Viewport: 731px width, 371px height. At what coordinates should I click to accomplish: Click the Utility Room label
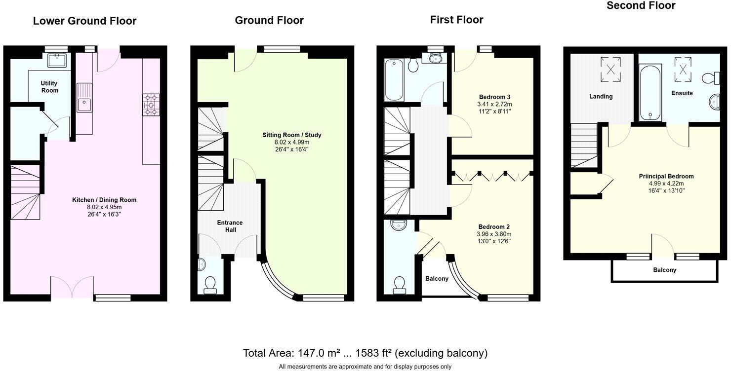[49, 87]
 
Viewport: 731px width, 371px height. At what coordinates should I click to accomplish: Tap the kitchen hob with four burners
[151, 105]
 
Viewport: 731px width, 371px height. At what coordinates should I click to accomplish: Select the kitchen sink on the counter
[84, 105]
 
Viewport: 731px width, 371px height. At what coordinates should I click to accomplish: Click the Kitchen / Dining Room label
[104, 200]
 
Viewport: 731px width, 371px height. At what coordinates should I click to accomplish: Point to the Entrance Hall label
[230, 226]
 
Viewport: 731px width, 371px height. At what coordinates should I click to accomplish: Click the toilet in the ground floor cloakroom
[210, 284]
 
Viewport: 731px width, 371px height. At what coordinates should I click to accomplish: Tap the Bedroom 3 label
[494, 97]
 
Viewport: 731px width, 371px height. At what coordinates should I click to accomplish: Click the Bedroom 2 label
[494, 226]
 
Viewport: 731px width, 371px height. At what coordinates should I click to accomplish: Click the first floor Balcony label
[437, 279]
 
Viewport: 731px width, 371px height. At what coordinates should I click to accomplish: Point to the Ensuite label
[682, 93]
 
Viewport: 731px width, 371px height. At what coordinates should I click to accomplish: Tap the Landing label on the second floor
[601, 96]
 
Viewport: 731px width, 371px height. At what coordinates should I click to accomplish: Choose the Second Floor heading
[641, 6]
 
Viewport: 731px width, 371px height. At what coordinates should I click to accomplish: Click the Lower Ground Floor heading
[84, 21]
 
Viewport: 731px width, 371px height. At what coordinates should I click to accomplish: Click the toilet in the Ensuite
[710, 78]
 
